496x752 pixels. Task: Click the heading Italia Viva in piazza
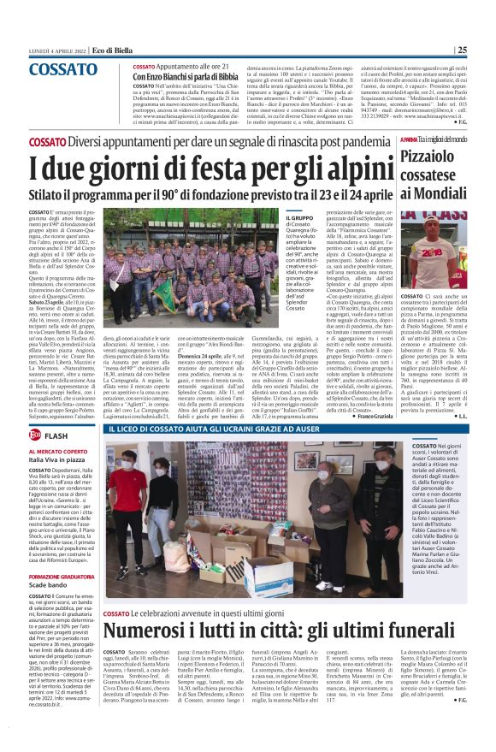59,459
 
